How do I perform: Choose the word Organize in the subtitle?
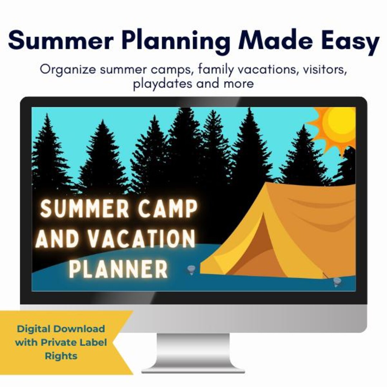(68, 70)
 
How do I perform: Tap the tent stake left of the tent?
(191, 269)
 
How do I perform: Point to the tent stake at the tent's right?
(336, 282)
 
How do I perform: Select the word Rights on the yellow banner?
(61, 356)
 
